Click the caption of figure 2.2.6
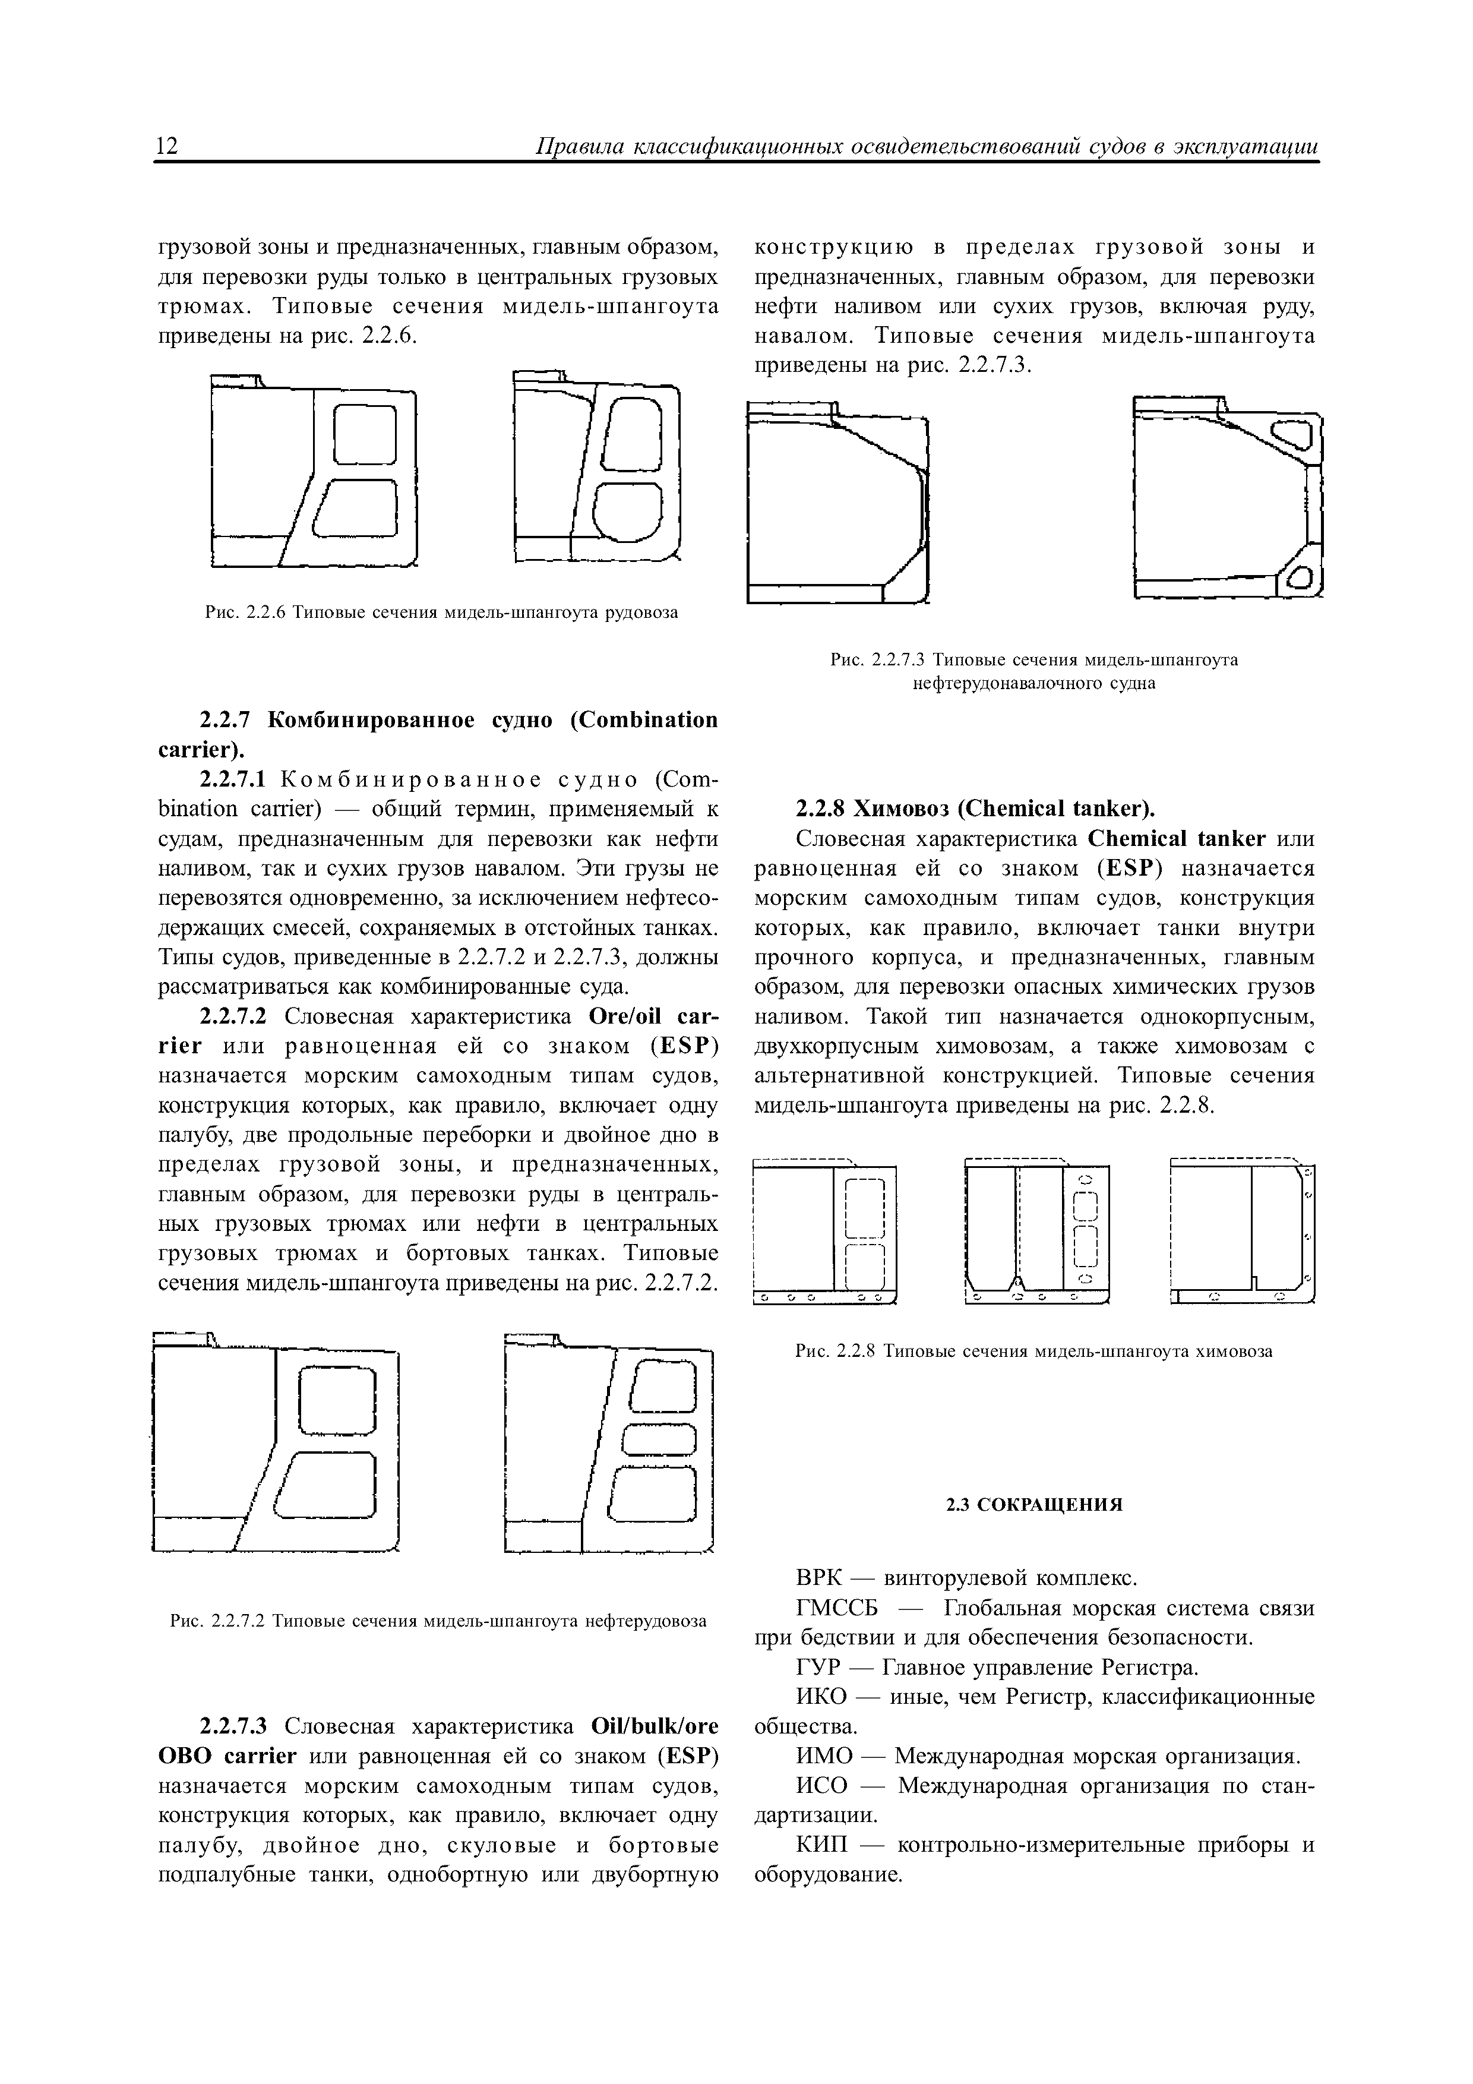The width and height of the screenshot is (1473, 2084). [x=441, y=612]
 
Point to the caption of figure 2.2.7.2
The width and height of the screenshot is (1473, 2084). [x=438, y=1620]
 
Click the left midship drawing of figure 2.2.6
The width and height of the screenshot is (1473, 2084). [x=313, y=470]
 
